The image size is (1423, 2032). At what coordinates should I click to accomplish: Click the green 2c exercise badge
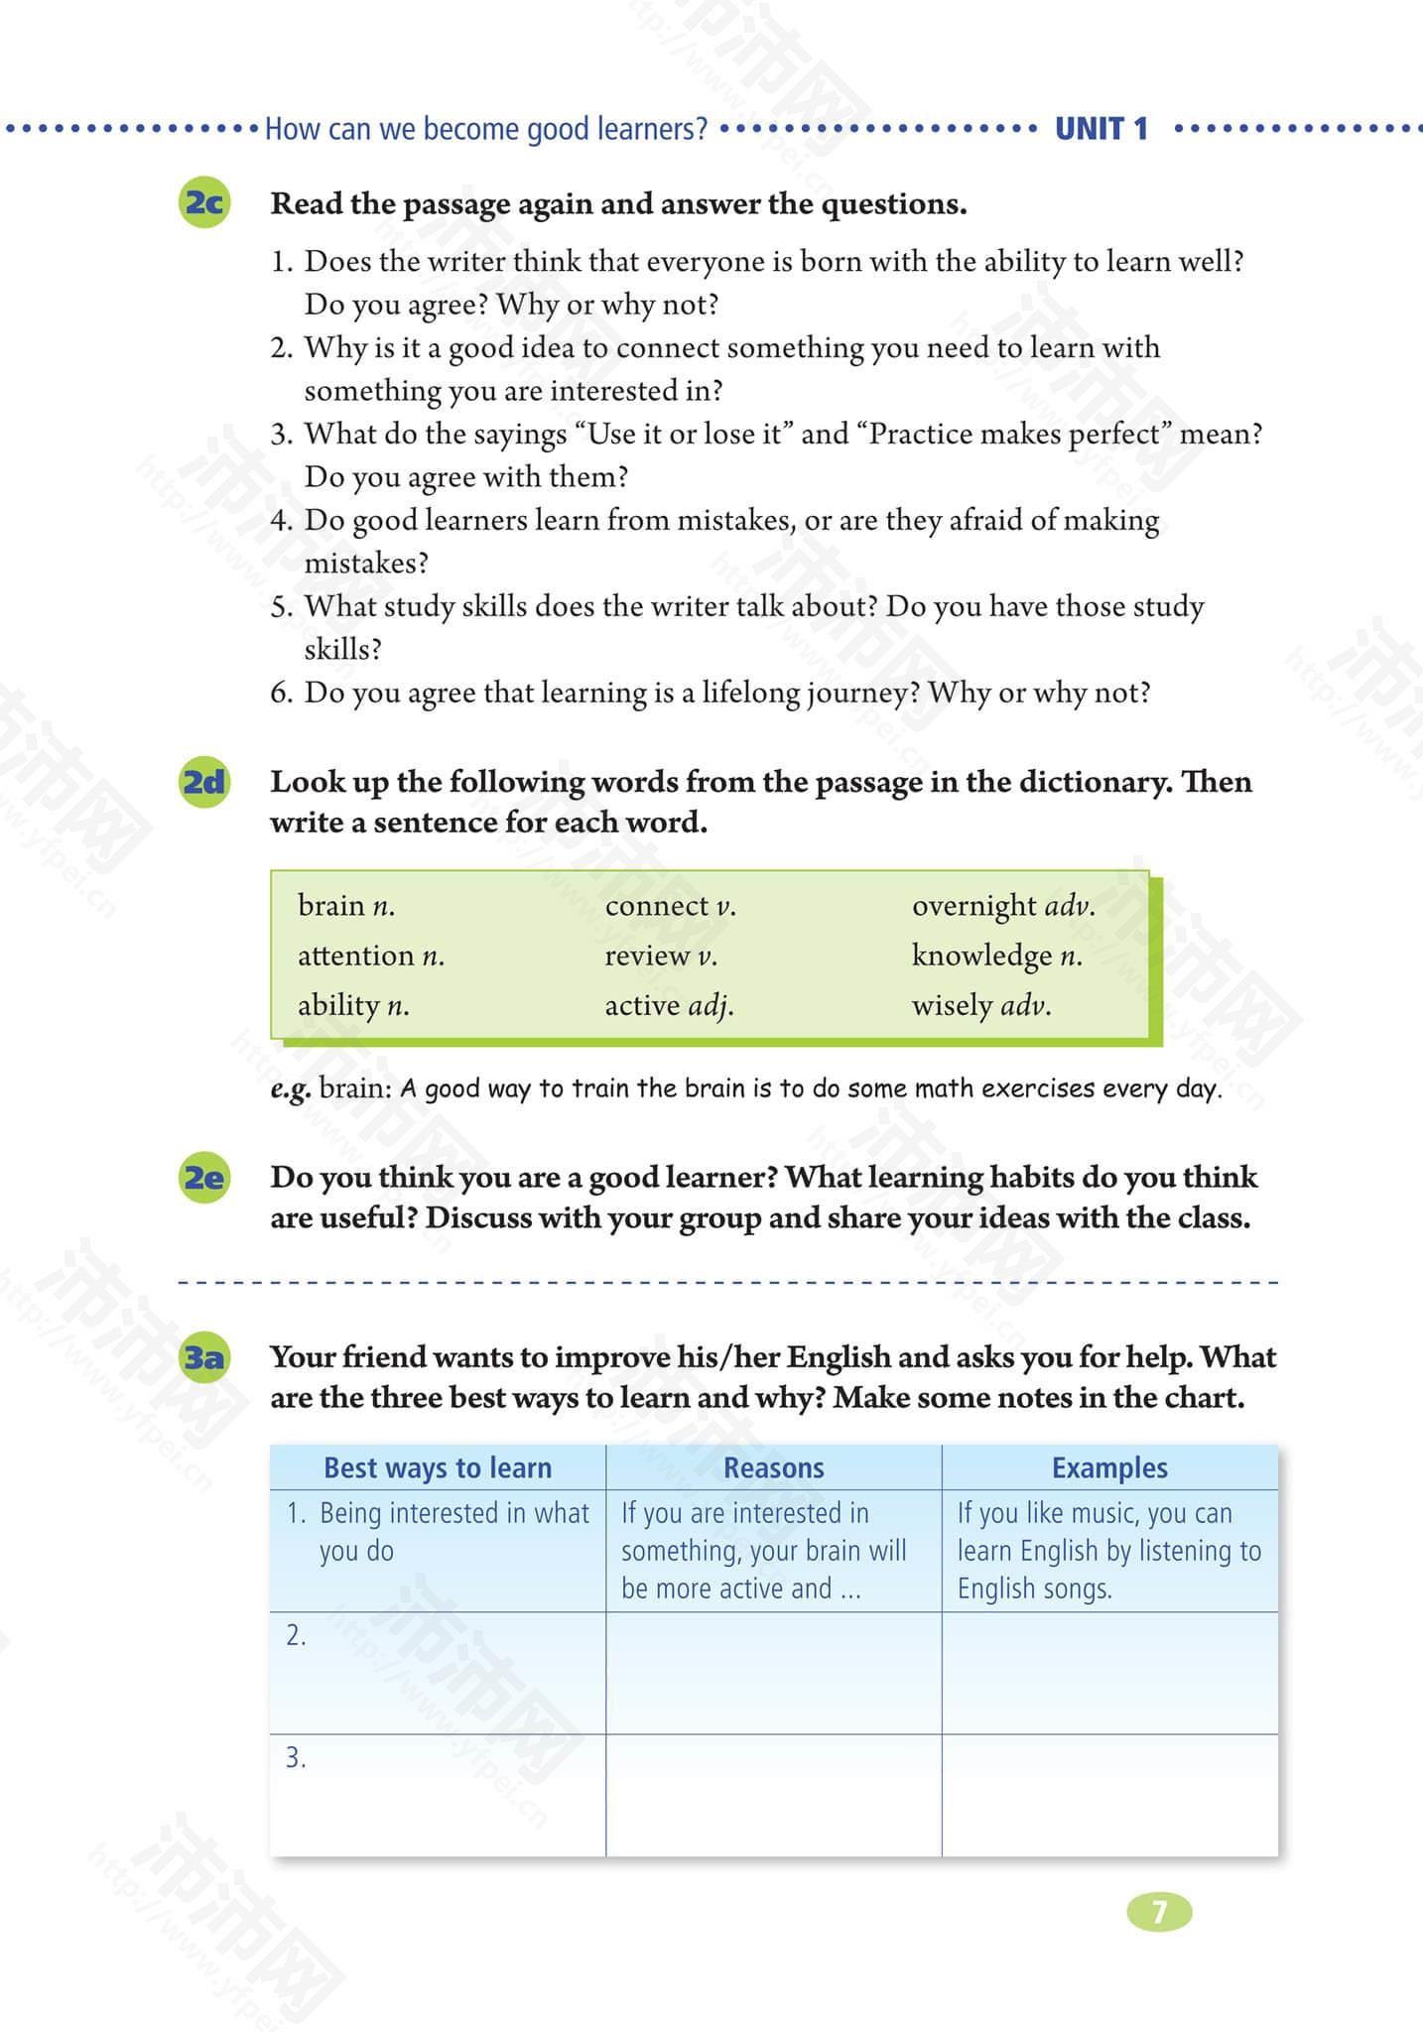204,203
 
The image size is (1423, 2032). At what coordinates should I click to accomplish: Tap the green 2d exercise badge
204,783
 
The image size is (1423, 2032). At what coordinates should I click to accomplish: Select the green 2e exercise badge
204,1178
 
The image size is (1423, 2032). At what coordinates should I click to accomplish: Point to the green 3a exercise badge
204,1357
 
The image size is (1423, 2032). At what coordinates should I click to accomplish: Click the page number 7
1158,1911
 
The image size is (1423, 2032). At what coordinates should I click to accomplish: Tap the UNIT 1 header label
1100,129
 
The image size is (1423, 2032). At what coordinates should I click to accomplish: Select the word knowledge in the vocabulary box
981,955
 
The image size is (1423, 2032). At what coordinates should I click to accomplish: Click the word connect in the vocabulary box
656,906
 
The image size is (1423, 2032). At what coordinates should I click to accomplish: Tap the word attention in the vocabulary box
356,955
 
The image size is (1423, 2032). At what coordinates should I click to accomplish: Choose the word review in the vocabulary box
647,955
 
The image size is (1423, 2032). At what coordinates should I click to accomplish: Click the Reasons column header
773,1467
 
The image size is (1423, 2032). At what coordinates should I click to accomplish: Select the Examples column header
1109,1467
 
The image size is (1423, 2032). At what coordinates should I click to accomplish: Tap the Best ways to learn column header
438,1467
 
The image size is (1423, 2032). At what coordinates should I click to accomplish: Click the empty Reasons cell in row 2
773,1673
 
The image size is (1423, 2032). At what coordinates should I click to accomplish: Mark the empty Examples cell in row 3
1109,1795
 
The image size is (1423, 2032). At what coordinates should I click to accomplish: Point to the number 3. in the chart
296,1758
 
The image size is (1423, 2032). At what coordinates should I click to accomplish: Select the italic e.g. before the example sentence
291,1088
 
